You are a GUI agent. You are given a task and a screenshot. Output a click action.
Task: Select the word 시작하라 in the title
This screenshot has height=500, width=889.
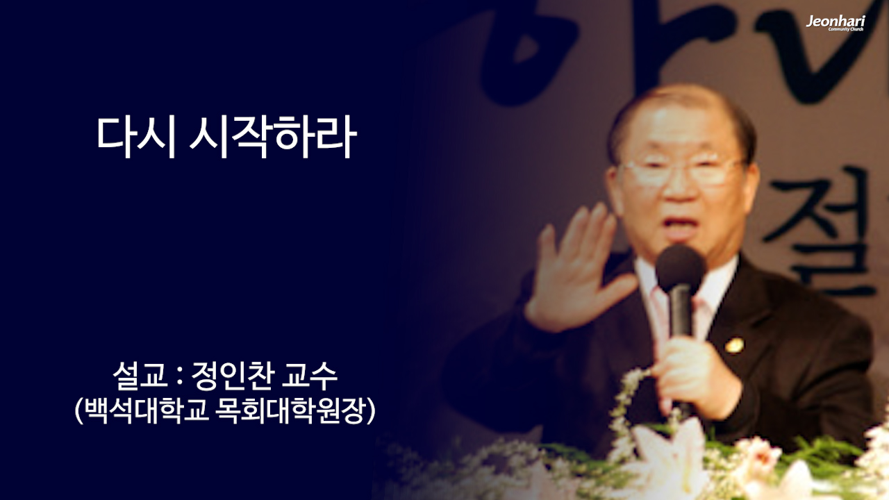point(273,137)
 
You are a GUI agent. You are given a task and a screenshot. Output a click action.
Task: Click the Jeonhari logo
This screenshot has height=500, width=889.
point(835,23)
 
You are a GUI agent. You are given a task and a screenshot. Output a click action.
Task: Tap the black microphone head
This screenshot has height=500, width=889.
point(681,268)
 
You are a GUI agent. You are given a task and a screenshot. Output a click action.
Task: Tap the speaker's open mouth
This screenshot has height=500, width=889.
point(683,225)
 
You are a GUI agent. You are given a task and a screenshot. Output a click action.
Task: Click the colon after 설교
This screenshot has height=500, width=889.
point(179,379)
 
